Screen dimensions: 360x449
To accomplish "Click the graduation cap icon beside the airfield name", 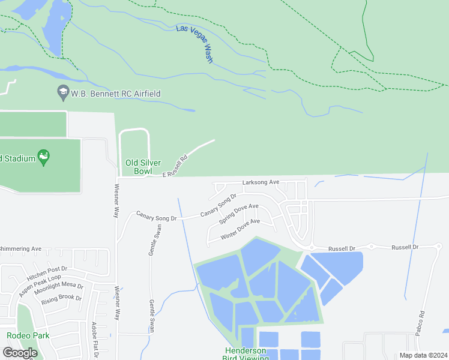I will point(62,92).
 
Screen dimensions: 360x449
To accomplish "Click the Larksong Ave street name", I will point(261,182).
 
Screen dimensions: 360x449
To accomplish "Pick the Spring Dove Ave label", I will point(238,214).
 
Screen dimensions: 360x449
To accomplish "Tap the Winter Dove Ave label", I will point(240,229).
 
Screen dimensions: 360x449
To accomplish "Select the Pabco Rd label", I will point(421,322).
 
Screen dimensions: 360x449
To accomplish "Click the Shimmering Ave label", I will point(20,248).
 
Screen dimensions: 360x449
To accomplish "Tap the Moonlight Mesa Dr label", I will point(58,288).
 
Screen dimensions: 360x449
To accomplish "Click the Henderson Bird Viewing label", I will point(244,354).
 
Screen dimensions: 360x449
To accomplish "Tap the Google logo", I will point(20,353).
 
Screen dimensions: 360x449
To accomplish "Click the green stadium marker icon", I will point(43,158).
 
